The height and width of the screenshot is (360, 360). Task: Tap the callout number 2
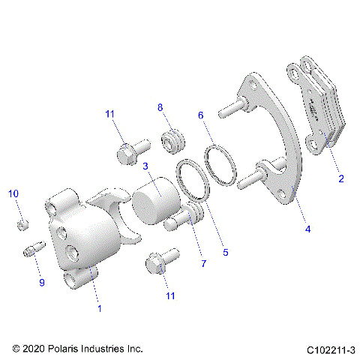pos(340,179)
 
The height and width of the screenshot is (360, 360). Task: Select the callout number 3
pos(146,166)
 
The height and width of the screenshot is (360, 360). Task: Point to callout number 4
pos(307,229)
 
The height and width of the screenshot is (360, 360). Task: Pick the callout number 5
pos(225,253)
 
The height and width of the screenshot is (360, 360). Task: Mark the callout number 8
pos(160,108)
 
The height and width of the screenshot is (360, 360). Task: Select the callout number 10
pos(13,194)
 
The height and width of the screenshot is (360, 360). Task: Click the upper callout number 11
pos(110,113)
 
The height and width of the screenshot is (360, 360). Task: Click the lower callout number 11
pos(170,296)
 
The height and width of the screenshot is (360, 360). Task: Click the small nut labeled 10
pos(22,224)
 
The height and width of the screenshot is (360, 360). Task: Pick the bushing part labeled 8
pos(174,139)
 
